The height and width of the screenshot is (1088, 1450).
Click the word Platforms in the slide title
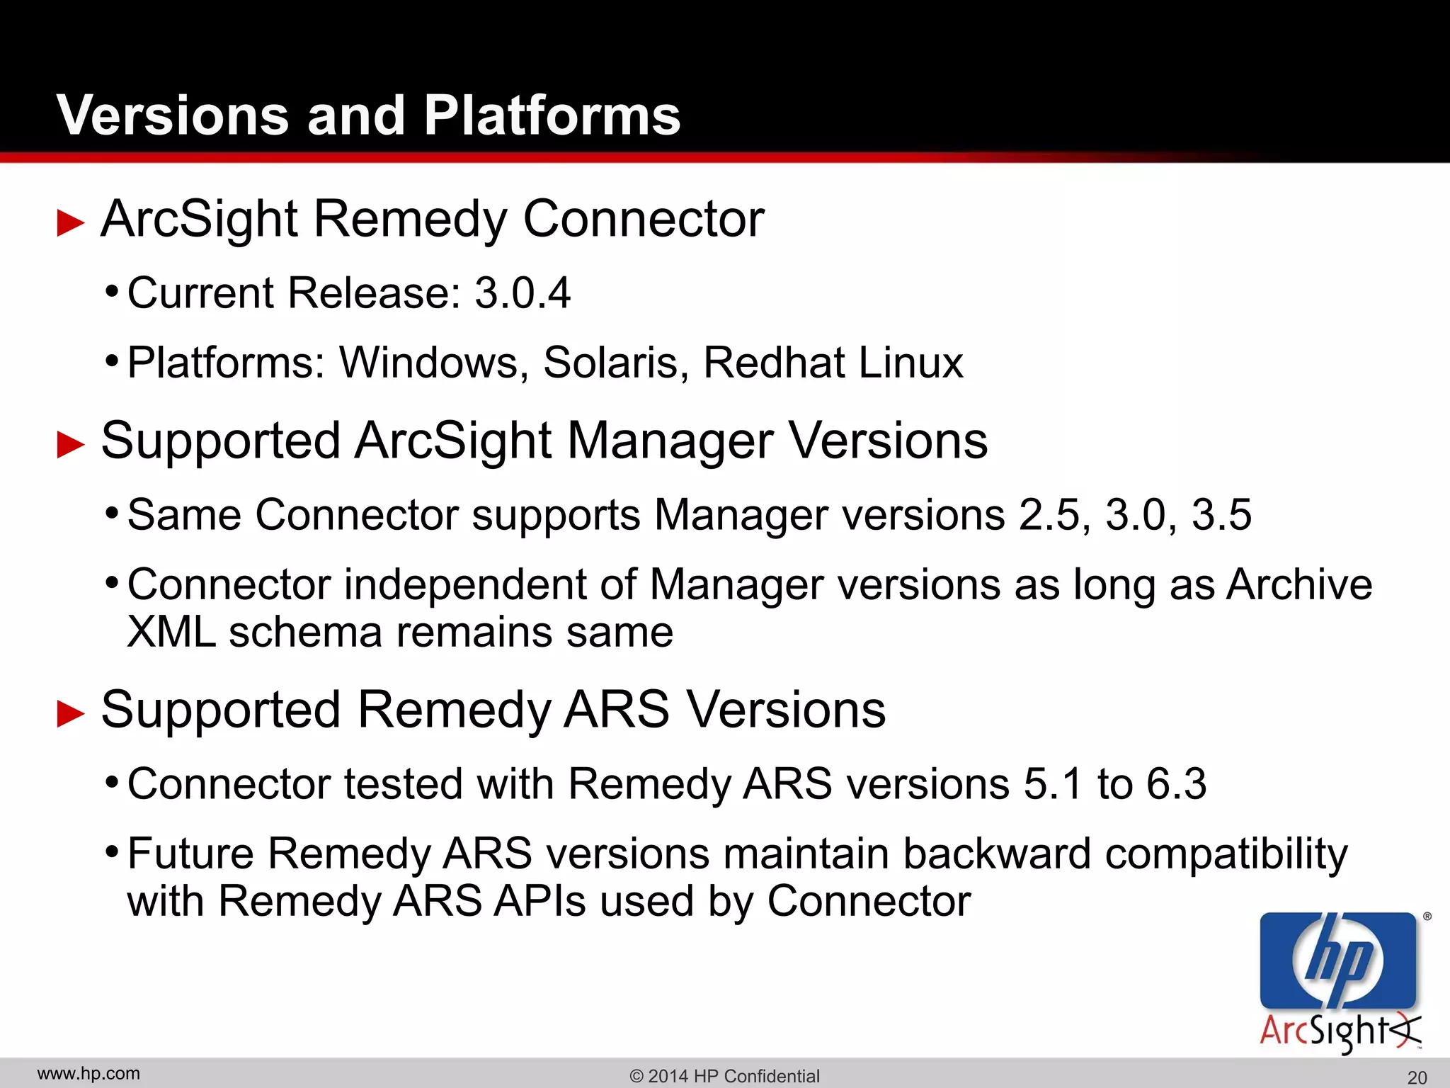coord(552,115)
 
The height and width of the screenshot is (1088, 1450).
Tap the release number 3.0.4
coord(522,293)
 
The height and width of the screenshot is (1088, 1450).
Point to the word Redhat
coord(773,363)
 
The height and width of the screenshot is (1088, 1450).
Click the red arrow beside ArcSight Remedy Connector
coord(70,222)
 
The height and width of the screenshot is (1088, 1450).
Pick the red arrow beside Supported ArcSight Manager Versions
coord(70,444)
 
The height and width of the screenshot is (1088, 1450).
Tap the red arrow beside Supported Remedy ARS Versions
coord(70,713)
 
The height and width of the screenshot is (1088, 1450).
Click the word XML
coord(171,632)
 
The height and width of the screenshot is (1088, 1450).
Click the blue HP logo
coord(1337,960)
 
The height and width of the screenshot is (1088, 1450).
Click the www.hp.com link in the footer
coord(89,1074)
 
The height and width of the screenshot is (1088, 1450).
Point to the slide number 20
coord(1417,1077)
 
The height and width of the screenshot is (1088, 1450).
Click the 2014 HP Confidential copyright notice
coord(724,1076)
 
